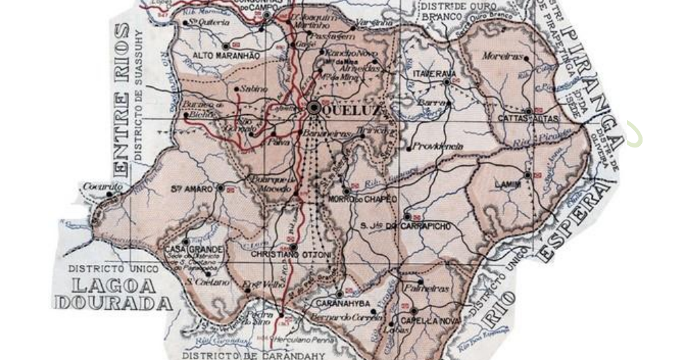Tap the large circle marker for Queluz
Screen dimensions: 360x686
click(314, 107)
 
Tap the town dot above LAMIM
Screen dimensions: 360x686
click(527, 175)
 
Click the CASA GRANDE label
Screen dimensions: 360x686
click(194, 249)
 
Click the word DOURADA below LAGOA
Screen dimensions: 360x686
click(113, 302)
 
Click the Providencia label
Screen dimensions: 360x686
click(439, 147)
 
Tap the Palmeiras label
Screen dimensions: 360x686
click(427, 289)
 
